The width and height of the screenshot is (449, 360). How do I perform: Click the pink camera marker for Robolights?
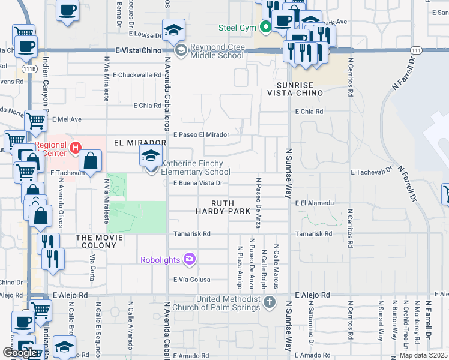click(x=190, y=259)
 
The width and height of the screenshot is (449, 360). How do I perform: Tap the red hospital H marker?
click(x=76, y=148)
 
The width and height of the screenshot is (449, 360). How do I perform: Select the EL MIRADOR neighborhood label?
click(x=139, y=143)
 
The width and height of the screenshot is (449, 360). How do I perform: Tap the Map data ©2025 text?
click(x=423, y=355)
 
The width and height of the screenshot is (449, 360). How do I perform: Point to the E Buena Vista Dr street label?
click(x=198, y=184)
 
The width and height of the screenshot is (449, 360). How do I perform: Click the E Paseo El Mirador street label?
click(x=201, y=135)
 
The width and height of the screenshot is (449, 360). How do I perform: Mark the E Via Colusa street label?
click(x=192, y=280)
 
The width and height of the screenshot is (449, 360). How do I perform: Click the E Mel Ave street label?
click(x=67, y=119)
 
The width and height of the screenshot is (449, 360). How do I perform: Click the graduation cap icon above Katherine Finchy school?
click(x=150, y=157)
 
